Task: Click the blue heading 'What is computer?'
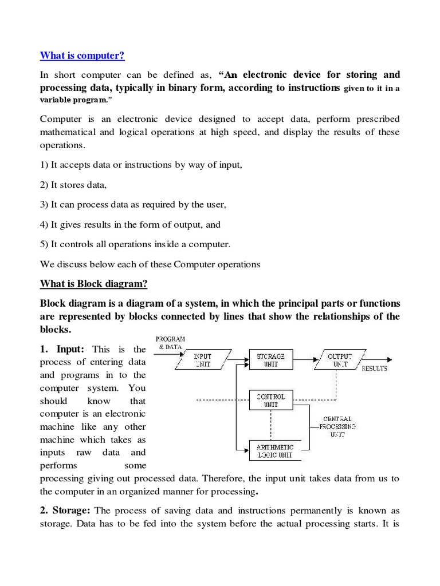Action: (x=81, y=56)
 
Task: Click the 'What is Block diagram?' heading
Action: (x=93, y=284)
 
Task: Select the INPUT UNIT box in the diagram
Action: (x=203, y=359)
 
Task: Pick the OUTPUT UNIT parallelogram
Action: (x=337, y=359)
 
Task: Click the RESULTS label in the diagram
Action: (x=374, y=369)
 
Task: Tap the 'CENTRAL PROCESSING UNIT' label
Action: (x=337, y=426)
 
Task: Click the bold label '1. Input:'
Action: (x=63, y=349)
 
